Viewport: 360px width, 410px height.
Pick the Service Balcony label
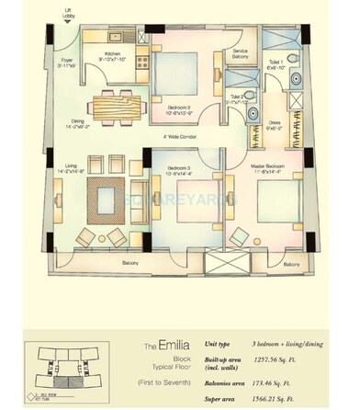pyautogui.click(x=240, y=54)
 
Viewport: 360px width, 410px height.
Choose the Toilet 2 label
pyautogui.click(x=239, y=98)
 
